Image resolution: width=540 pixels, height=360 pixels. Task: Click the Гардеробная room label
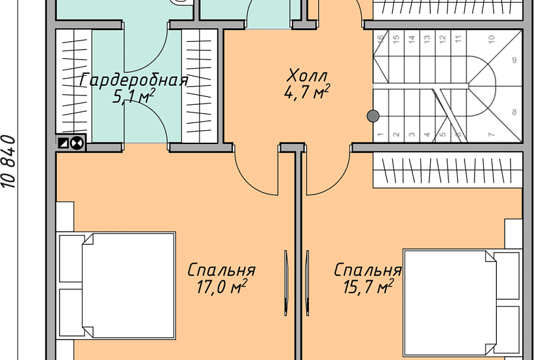coord(134,81)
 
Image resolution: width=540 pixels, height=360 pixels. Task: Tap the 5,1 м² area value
coord(134,98)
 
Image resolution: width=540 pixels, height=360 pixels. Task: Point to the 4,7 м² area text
coord(306,92)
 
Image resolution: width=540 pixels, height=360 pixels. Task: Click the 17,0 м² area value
coord(221,286)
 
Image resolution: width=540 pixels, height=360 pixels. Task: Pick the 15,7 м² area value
coord(367,286)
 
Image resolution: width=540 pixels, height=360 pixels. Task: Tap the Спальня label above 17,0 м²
coord(221,270)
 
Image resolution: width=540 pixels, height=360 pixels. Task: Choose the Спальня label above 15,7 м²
coord(367,270)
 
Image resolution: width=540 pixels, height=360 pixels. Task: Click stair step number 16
coord(380,39)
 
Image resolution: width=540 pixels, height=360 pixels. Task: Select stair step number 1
coord(380,135)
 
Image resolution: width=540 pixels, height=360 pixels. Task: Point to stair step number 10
coord(491,39)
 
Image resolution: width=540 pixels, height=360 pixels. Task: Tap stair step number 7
coord(491,135)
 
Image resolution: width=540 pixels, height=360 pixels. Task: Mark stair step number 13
coord(427,39)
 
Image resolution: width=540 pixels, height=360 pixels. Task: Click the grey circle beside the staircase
coord(372,117)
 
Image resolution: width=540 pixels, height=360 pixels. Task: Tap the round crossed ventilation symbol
coord(77,142)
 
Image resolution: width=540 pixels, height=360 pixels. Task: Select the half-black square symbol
coord(63,142)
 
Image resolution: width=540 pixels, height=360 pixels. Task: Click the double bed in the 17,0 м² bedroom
coord(118,285)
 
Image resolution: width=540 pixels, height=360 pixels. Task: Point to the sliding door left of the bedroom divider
coord(286,276)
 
